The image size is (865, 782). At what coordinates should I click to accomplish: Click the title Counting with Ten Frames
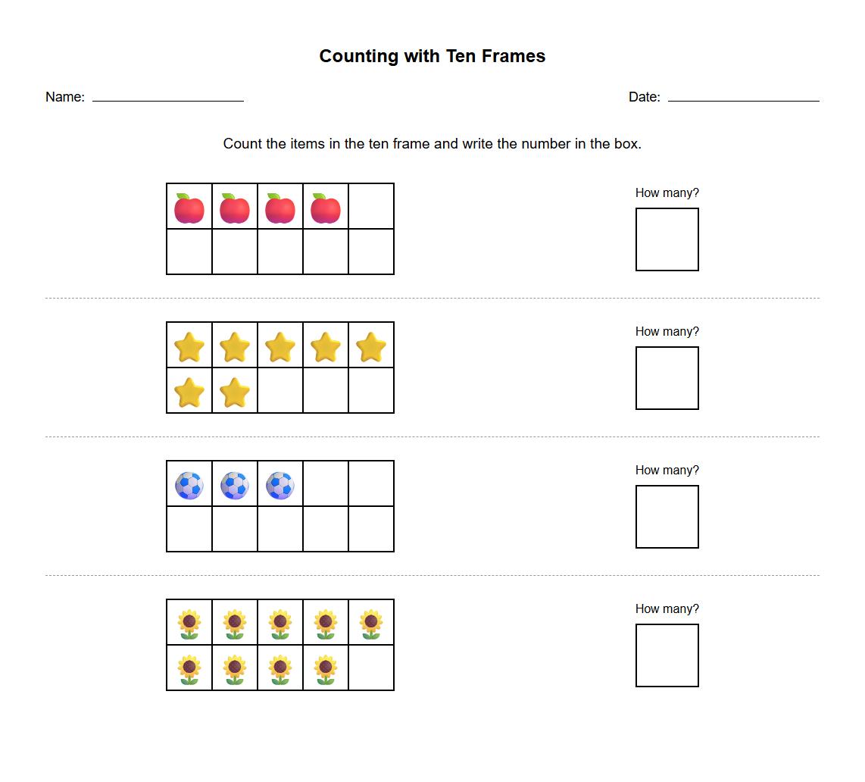432,56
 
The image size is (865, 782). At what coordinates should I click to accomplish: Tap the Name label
64,97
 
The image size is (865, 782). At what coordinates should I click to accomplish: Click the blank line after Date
743,99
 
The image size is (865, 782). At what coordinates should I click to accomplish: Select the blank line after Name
167,99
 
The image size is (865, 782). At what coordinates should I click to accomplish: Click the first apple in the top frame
189,208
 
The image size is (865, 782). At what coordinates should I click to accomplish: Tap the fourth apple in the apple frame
326,208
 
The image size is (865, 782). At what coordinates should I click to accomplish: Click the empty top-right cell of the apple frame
371,206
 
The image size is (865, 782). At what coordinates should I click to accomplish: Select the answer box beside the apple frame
667,239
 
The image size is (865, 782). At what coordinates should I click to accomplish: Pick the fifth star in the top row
371,347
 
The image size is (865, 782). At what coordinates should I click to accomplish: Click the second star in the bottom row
235,393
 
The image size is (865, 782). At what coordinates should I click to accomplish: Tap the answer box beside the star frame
667,378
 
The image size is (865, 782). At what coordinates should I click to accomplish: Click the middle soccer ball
235,485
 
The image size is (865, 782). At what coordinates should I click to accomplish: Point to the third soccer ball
280,485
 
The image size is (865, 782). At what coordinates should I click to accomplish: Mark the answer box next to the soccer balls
667,517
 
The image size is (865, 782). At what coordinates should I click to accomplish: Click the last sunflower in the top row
371,624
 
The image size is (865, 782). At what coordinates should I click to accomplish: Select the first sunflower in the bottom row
189,669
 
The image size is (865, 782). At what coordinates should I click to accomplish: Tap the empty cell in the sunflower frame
371,668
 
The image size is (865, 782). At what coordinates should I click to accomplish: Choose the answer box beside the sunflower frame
667,655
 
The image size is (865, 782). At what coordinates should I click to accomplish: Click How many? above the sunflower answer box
667,608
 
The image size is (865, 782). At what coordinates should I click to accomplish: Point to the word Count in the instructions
242,144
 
